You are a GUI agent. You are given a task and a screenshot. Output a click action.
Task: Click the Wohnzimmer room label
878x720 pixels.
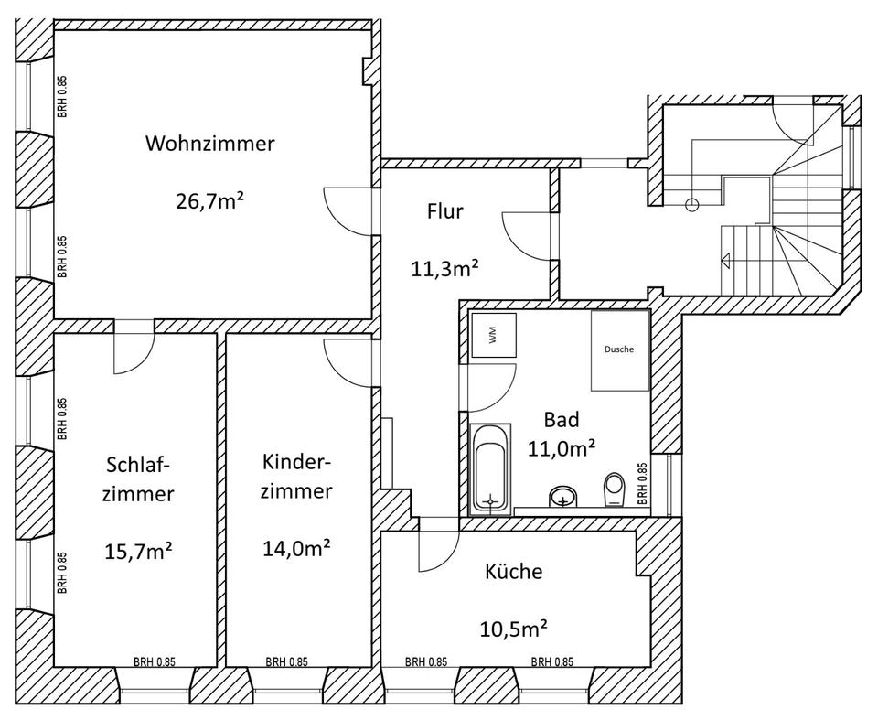click(x=209, y=145)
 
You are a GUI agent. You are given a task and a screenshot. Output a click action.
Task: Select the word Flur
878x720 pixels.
click(x=445, y=212)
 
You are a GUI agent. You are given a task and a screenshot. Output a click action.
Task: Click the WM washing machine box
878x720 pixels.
click(x=494, y=336)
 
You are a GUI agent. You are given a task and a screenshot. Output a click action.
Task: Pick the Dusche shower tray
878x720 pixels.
click(x=619, y=349)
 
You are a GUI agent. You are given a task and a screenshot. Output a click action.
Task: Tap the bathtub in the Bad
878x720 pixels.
click(x=491, y=466)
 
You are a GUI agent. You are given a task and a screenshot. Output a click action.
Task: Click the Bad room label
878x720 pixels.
click(x=562, y=420)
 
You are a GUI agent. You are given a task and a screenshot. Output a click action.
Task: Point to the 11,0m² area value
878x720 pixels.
click(x=562, y=448)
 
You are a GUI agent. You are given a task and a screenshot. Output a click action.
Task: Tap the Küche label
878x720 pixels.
click(x=513, y=573)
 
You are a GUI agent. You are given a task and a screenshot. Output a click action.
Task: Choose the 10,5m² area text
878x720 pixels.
click(x=513, y=629)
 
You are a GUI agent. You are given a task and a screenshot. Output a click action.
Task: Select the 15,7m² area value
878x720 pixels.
click(x=140, y=553)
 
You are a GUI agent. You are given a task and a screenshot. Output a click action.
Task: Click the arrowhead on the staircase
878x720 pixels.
click(x=726, y=260)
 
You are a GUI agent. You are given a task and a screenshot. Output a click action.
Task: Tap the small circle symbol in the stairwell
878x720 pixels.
click(x=692, y=204)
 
